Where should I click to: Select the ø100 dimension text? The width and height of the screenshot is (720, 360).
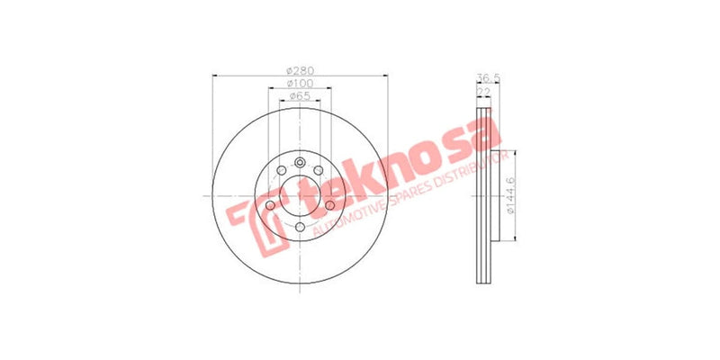pos(299,84)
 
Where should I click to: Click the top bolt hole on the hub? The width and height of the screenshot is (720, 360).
pos(300,158)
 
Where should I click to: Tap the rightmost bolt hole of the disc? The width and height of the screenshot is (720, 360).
pos(329,206)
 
